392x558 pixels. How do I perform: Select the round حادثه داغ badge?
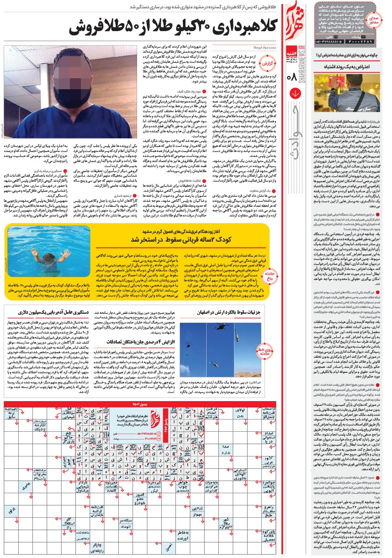click(268, 274)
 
